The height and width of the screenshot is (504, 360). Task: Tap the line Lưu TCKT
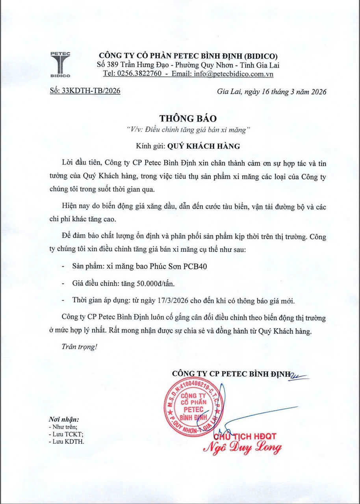click(67, 434)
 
